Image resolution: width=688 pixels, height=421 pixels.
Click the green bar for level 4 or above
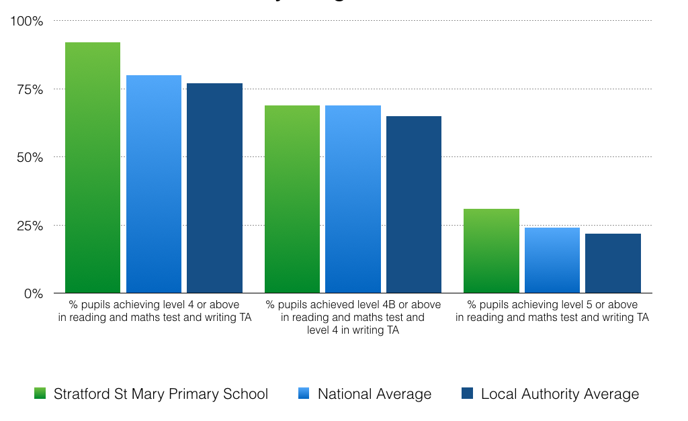pyautogui.click(x=93, y=168)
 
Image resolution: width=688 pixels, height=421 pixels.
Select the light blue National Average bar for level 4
pyautogui.click(x=154, y=184)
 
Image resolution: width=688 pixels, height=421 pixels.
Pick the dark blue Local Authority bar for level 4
pyautogui.click(x=214, y=188)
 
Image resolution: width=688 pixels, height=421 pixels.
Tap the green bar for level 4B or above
pyautogui.click(x=292, y=199)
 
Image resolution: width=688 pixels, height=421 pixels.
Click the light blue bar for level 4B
pyautogui.click(x=353, y=199)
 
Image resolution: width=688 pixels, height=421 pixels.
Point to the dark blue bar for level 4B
pyautogui.click(x=413, y=204)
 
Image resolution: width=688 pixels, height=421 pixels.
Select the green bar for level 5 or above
pyautogui.click(x=491, y=251)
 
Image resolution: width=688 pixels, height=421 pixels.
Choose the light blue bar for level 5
pyautogui.click(x=552, y=261)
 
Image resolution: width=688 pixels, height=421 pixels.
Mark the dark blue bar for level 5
pyautogui.click(x=613, y=263)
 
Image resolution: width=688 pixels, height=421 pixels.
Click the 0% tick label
pyautogui.click(x=33, y=293)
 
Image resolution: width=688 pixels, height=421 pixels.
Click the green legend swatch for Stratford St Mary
pyautogui.click(x=40, y=393)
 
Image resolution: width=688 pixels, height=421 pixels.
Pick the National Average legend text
pyautogui.click(x=374, y=394)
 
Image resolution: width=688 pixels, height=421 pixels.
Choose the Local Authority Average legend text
pyautogui.click(x=560, y=394)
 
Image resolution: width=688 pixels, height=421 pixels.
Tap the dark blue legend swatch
pyautogui.click(x=467, y=393)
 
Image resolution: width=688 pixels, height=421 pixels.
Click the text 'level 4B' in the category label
pyautogui.click(x=365, y=305)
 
